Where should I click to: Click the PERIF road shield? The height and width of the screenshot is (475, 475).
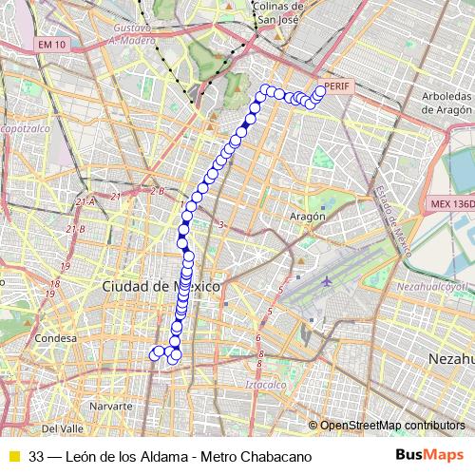[337, 86]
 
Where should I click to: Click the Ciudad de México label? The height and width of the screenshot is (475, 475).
[161, 285]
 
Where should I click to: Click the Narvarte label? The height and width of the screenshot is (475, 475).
[110, 406]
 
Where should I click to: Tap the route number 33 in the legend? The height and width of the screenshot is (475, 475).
[36, 456]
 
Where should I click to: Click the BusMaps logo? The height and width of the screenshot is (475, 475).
[429, 456]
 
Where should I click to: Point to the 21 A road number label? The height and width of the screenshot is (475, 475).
[86, 201]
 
